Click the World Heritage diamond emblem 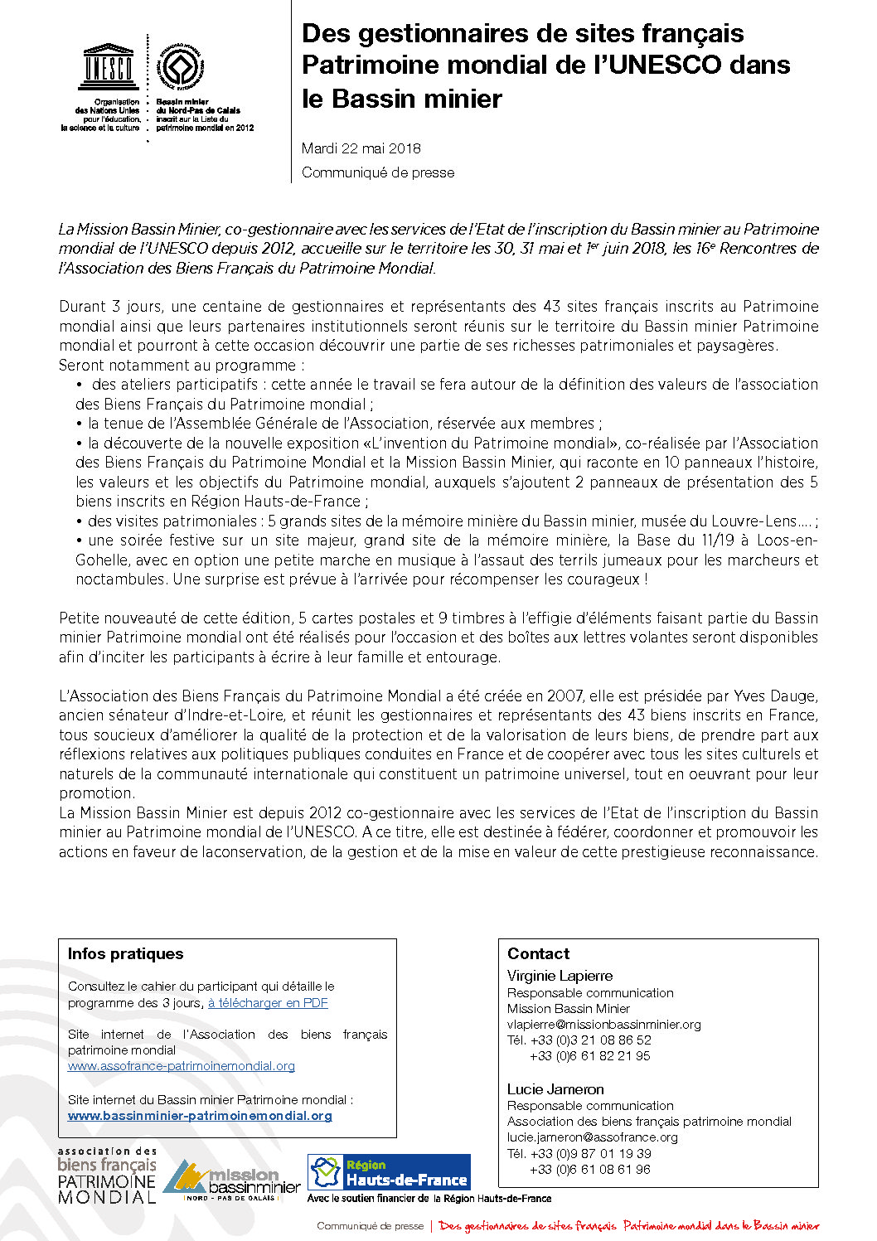point(182,67)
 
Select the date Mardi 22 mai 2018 point(361,148)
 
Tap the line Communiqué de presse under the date point(378,172)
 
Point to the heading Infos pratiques point(125,953)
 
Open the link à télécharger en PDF point(268,1003)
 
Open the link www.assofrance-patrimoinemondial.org point(182,1066)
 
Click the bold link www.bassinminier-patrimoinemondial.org point(200,1116)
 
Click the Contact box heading point(538,953)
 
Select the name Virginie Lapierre point(560,976)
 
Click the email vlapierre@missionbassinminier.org point(603,1025)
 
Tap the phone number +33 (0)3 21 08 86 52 point(590,1040)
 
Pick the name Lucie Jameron point(555,1089)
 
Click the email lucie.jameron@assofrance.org point(592,1137)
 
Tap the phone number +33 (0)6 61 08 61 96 point(590,1170)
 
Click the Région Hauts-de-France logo point(389,1172)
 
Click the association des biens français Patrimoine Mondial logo point(107,1176)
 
